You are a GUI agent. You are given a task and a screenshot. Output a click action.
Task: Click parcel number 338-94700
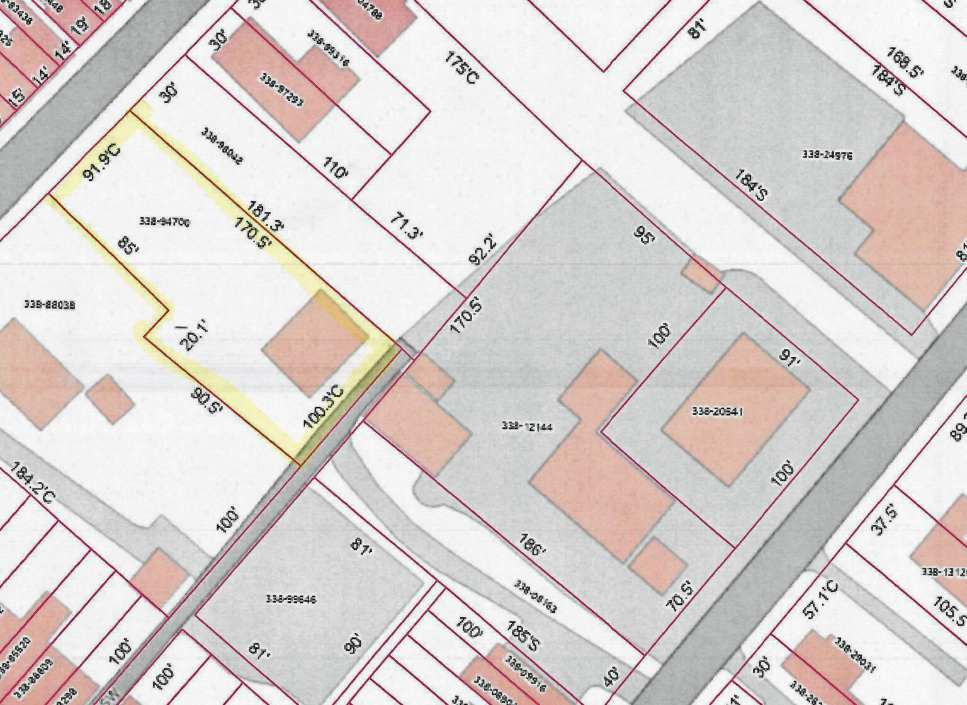point(164,222)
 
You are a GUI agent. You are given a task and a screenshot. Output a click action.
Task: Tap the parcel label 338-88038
point(50,304)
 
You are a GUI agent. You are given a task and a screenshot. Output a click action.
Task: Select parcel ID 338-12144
point(528,427)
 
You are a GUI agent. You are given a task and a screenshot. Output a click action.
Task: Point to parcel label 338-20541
point(718,411)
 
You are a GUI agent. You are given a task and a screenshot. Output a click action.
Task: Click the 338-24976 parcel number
point(827,154)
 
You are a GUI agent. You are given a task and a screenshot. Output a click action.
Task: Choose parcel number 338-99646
point(290,599)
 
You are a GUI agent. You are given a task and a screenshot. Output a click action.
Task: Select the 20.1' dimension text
point(191,336)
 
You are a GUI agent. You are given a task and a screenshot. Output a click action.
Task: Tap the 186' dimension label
point(532,545)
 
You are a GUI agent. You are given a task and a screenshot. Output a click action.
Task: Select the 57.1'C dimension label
point(822,600)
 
